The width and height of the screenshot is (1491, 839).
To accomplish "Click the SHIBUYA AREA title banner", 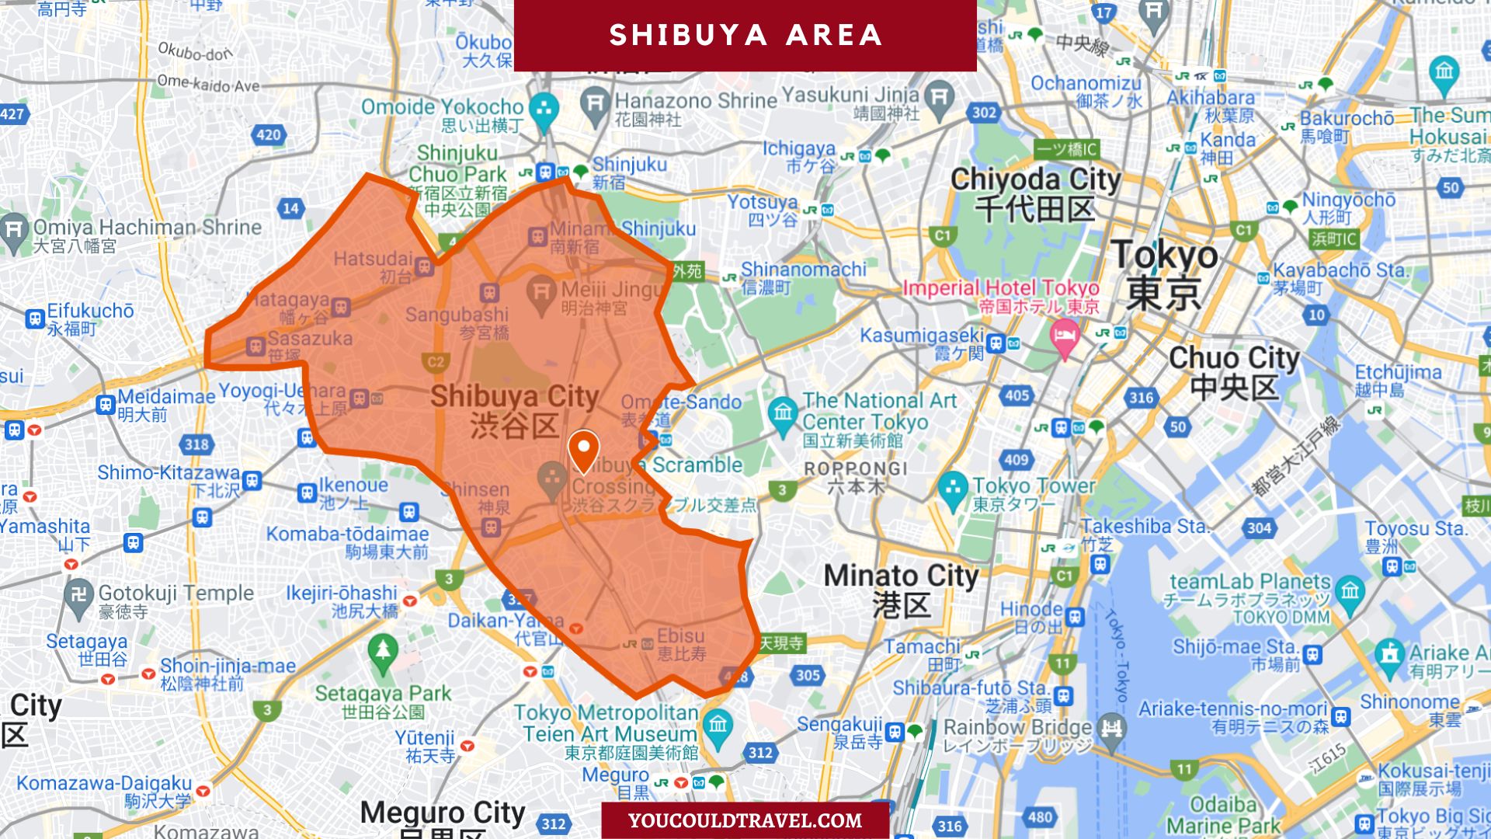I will click(745, 35).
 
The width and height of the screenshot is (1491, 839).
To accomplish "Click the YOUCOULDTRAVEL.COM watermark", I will click(745, 820).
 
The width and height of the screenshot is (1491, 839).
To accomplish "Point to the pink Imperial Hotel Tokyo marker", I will click(1065, 337).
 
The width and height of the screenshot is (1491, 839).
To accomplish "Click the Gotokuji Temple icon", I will click(78, 596).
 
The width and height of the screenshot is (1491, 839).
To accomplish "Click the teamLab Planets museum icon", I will click(1350, 591).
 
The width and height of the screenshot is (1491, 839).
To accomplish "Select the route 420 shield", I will click(269, 135).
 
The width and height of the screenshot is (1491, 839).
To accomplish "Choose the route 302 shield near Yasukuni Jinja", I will click(984, 113).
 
